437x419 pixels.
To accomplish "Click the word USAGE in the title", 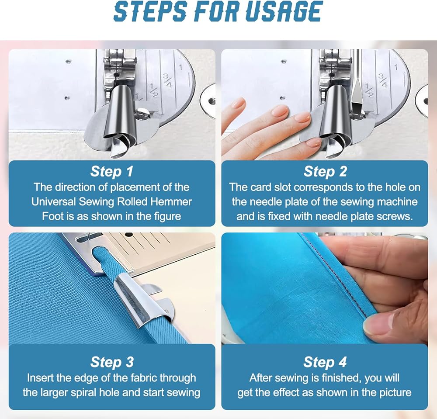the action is point(284,11).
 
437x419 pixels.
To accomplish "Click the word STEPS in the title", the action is point(150,11).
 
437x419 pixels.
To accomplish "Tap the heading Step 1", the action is point(112,171).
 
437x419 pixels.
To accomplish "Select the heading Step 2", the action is point(325,171).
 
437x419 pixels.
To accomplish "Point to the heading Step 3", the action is point(112,362).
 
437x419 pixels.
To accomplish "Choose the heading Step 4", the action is point(325,362).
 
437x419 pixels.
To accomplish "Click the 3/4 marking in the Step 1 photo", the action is point(167,80).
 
